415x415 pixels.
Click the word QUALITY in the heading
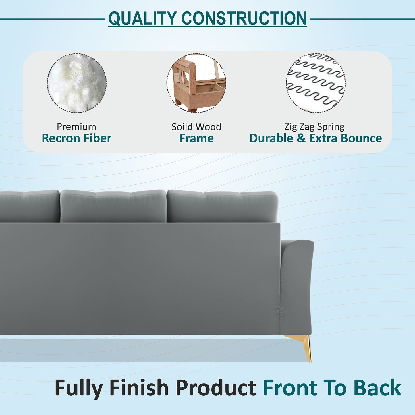point(142,19)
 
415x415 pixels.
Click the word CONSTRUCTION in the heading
point(244,19)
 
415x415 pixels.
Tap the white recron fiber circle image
point(77,83)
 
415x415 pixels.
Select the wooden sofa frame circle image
point(196,83)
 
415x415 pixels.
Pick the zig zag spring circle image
point(316,83)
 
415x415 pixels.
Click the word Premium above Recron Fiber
point(76,127)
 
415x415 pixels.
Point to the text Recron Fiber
point(76,138)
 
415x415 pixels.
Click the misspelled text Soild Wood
point(196,127)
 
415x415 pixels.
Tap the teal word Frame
point(196,138)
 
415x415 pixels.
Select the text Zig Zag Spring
point(314,127)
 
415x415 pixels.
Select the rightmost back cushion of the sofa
point(222,206)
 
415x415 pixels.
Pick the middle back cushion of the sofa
point(113,206)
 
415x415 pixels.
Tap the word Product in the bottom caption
point(216,388)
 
